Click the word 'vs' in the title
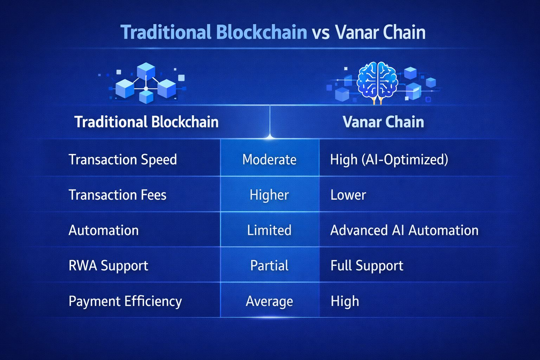[320, 33]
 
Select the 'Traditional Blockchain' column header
[146, 122]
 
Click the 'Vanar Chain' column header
[383, 122]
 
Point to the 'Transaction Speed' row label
[123, 160]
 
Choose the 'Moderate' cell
[269, 160]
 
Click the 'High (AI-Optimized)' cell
[389, 160]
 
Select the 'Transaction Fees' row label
[117, 195]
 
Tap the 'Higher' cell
[269, 195]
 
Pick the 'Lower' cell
[348, 195]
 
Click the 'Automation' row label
[104, 230]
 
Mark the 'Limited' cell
[269, 230]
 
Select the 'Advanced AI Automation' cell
[404, 230]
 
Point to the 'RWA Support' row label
[108, 265]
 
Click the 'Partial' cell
[269, 265]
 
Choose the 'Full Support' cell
[367, 265]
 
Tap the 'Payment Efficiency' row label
[125, 301]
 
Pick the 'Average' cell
[269, 301]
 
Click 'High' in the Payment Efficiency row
[345, 301]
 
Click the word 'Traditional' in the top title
[165, 32]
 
